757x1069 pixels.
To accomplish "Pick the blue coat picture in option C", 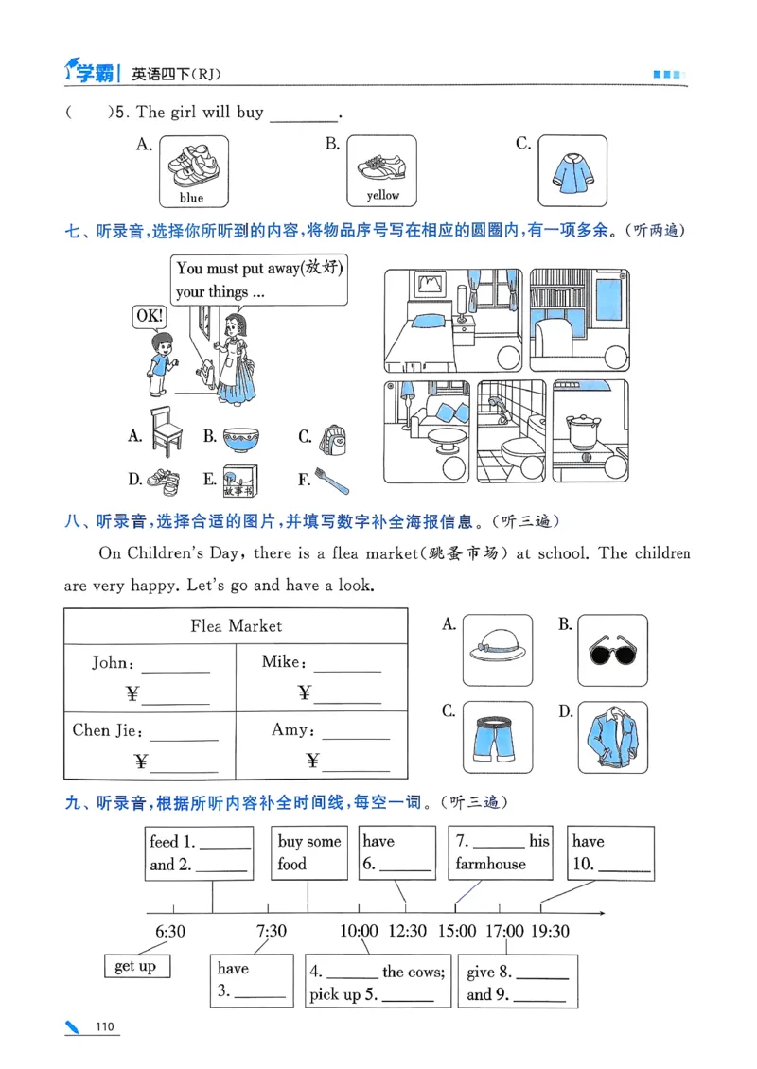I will coord(572,170).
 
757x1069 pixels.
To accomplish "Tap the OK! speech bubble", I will coord(149,316).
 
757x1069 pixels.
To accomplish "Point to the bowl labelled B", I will coord(243,437).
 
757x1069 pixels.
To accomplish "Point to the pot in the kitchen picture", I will coord(580,429).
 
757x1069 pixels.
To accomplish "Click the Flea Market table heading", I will coord(236,625).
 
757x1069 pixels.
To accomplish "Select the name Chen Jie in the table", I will coord(107,730).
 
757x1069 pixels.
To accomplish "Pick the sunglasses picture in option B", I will coord(611,651).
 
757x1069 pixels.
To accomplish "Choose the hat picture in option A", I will coord(498,651).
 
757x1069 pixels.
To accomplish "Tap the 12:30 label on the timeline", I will coord(407,931).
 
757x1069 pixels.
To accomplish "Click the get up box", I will coord(136,966).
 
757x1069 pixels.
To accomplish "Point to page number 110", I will coord(105,1028).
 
